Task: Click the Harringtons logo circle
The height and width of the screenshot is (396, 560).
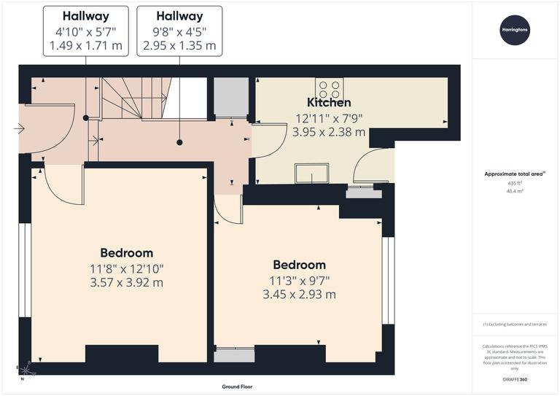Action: click(x=516, y=31)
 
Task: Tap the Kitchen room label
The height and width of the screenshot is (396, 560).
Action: click(x=328, y=103)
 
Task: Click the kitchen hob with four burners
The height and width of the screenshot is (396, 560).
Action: click(x=328, y=88)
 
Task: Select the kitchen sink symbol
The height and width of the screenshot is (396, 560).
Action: click(x=311, y=174)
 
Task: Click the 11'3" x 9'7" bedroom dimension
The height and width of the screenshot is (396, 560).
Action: click(x=299, y=280)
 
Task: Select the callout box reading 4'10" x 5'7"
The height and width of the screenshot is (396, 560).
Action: click(x=86, y=31)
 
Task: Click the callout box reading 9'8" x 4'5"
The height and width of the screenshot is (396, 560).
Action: click(x=179, y=31)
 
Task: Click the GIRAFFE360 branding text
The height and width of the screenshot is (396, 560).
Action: click(x=516, y=379)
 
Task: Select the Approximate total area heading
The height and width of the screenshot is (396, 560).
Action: click(x=515, y=174)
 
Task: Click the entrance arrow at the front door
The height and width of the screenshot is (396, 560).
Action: click(x=19, y=129)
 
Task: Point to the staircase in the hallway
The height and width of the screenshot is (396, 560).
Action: click(x=135, y=98)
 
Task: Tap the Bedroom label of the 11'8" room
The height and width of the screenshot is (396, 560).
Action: click(x=126, y=253)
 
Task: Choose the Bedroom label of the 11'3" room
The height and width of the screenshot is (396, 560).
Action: click(x=299, y=265)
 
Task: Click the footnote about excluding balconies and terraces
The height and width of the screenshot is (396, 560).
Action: click(x=515, y=324)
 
